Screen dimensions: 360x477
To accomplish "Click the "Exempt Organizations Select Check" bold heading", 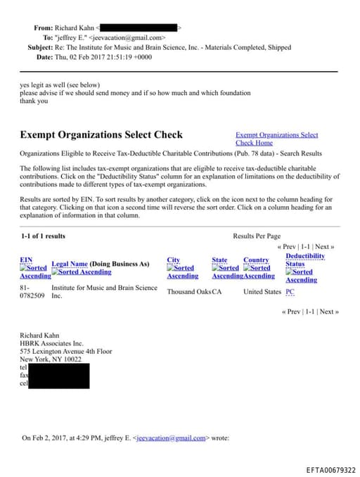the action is click(x=101, y=134).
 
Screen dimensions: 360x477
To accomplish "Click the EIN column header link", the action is click(x=25, y=260).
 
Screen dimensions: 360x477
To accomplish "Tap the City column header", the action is click(x=173, y=260).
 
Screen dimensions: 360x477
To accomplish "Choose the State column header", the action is click(x=219, y=260).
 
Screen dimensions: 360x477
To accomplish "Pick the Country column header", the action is click(x=256, y=260).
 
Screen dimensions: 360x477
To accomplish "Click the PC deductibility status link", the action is click(x=290, y=292).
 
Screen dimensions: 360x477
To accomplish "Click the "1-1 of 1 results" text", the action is click(x=44, y=236).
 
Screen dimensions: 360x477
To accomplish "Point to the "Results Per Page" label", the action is click(x=257, y=236).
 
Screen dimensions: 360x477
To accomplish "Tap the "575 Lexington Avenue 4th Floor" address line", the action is click(x=65, y=351).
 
